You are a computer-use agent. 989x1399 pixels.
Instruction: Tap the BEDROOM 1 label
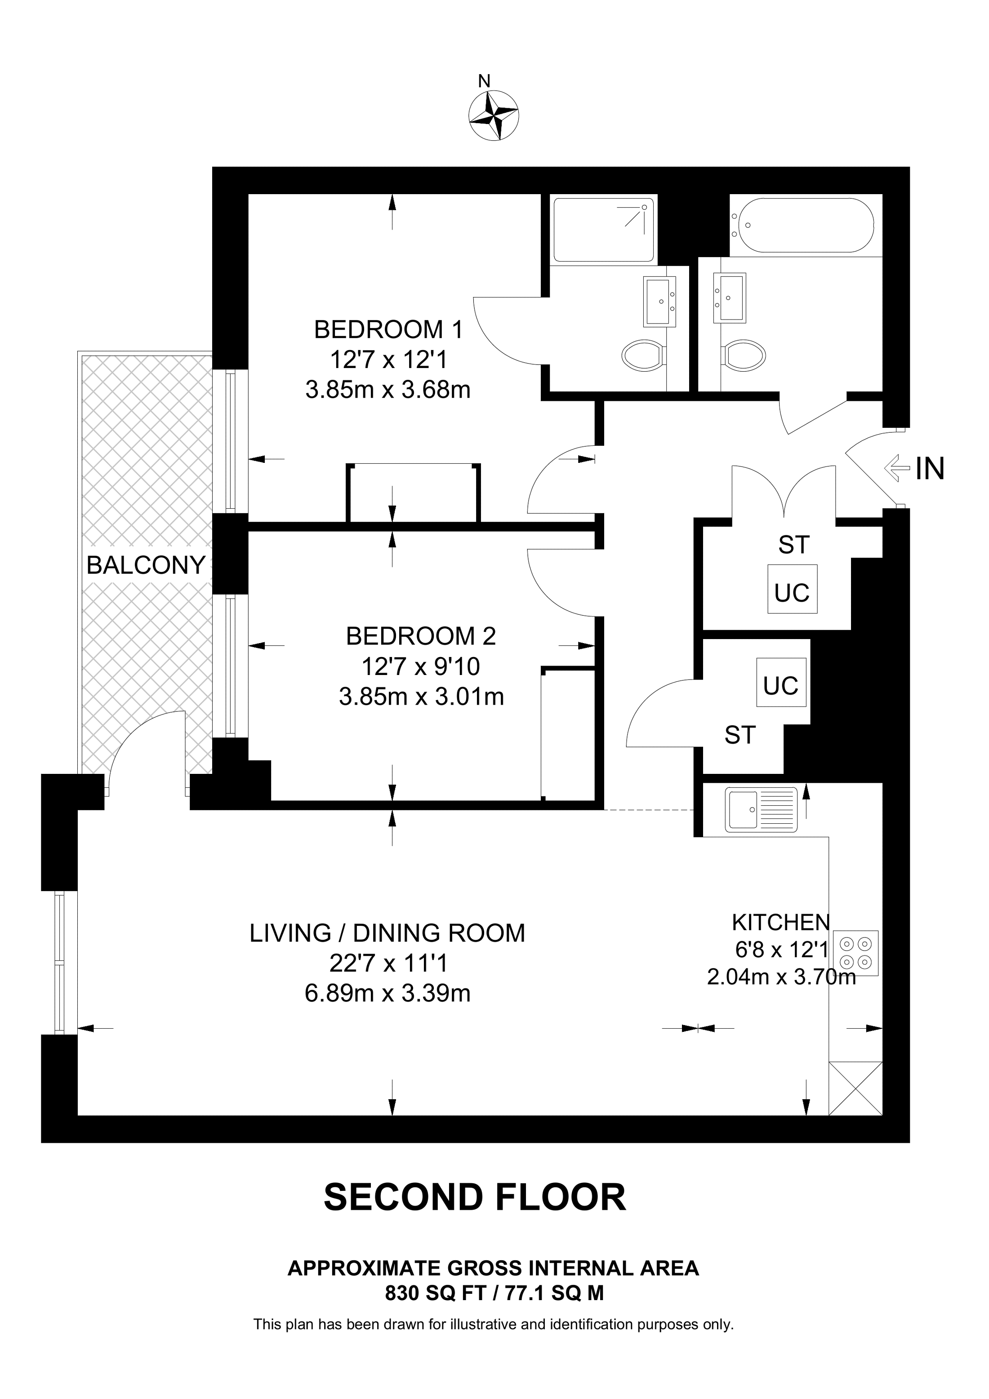[x=388, y=330]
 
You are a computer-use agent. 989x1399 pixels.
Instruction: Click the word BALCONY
[x=146, y=565]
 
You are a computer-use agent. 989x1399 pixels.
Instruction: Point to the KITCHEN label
[x=780, y=923]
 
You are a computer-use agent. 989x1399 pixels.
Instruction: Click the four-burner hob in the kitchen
[x=855, y=954]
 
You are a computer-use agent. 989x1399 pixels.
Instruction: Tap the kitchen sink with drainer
[x=761, y=810]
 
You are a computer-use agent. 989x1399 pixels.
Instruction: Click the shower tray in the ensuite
[x=603, y=229]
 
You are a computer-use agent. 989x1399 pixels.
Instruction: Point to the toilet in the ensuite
[x=643, y=355]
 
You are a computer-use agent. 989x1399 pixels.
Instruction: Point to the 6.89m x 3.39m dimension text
[x=388, y=993]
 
